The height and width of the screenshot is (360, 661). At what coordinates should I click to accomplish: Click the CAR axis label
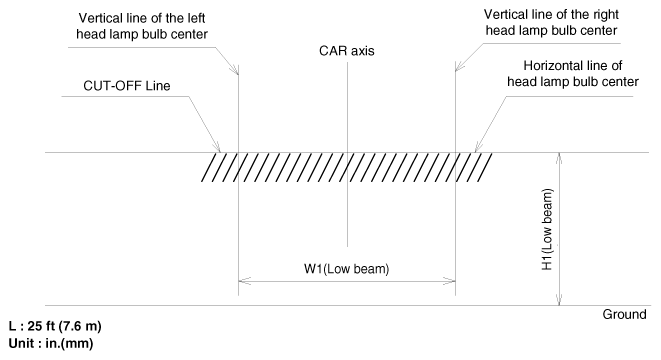tap(347, 51)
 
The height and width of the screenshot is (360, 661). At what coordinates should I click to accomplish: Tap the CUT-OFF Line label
tap(127, 86)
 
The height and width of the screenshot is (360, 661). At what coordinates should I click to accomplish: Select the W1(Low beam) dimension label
tap(347, 269)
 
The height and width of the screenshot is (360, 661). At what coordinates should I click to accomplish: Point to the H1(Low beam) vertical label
tap(547, 229)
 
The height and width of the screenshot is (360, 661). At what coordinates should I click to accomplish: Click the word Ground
tap(624, 314)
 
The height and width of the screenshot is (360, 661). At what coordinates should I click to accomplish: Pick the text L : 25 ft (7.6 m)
tap(55, 326)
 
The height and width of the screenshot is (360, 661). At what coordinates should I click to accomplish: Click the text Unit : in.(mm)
tap(51, 343)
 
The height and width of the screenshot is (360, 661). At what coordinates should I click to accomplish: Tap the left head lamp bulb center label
tap(142, 26)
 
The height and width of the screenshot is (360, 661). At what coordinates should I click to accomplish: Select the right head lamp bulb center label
tap(551, 22)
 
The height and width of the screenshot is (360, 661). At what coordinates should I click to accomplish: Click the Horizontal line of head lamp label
tap(573, 73)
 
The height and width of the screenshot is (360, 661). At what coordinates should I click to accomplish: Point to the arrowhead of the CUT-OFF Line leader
tap(217, 148)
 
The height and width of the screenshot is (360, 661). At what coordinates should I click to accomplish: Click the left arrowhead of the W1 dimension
tap(245, 281)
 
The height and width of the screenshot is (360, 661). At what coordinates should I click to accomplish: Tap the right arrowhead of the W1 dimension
tap(449, 281)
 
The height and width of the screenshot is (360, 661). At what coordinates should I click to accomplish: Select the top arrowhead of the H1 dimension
tap(559, 159)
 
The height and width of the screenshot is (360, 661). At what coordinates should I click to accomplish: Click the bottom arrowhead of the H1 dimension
tap(559, 299)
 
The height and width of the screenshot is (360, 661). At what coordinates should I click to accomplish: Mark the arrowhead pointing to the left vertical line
tap(234, 70)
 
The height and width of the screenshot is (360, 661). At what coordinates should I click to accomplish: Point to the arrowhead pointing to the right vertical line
tap(460, 66)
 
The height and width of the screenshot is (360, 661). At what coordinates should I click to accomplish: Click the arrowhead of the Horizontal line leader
tap(479, 147)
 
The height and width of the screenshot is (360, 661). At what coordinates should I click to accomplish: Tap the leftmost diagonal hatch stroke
tap(210, 167)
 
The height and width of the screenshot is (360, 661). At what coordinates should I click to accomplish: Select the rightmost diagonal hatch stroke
tap(484, 167)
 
